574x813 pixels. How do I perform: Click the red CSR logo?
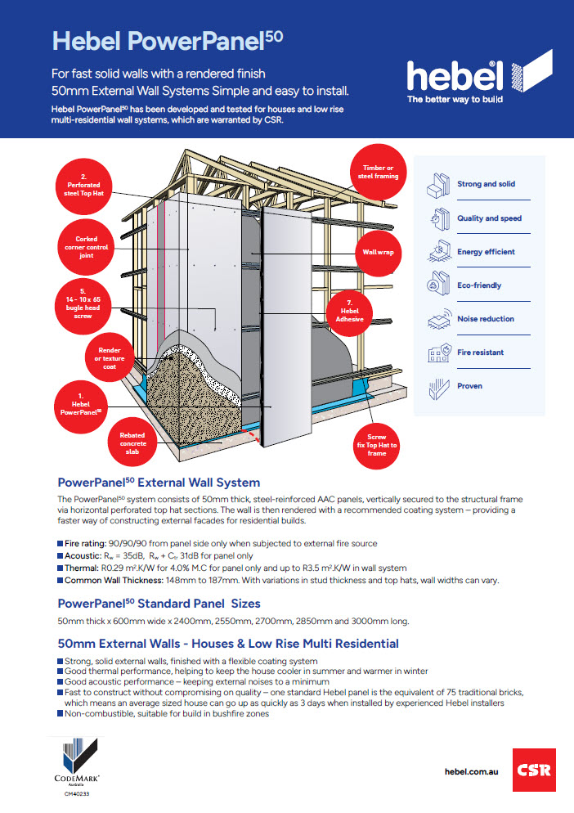[x=534, y=770]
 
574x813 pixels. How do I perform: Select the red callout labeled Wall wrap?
[x=378, y=253]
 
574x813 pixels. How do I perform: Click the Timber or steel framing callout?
[x=377, y=173]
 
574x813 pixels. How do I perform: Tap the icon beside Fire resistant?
[x=437, y=353]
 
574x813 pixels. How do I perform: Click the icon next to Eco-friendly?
[x=437, y=285]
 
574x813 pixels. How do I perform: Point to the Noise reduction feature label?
[x=486, y=319]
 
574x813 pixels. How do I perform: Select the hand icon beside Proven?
[x=437, y=386]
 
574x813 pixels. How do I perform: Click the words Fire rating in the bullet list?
[x=84, y=543]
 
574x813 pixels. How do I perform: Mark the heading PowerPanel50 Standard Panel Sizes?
[x=159, y=604]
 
